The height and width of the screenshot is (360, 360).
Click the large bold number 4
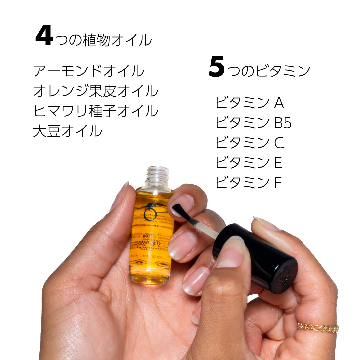coord(44,36)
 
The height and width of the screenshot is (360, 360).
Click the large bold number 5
coord(217,67)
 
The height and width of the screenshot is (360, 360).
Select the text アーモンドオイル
coord(89,71)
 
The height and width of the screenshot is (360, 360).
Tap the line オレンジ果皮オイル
coord(95,91)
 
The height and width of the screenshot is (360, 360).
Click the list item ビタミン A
coord(250,103)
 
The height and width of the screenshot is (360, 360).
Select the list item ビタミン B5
coord(254,123)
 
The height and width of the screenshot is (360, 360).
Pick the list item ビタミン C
coord(250,143)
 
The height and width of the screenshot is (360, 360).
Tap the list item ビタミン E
coord(249,163)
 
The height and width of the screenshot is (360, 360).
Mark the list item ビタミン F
coord(249,183)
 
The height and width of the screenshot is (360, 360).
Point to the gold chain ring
coord(317,327)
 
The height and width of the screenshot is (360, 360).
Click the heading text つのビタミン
coord(269,71)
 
